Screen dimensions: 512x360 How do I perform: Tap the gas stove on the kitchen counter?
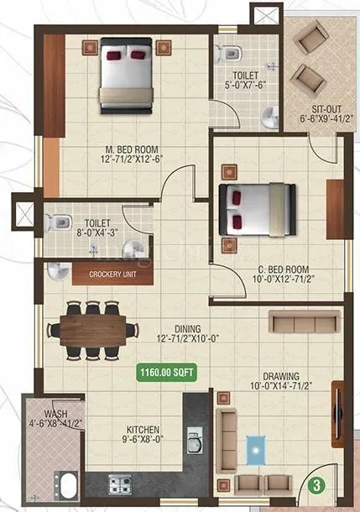coord(121,483)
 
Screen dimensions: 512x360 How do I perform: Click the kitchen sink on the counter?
coord(195,441)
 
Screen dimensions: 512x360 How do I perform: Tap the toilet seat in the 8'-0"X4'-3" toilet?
coord(59,223)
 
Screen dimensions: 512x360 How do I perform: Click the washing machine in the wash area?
coord(64,486)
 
